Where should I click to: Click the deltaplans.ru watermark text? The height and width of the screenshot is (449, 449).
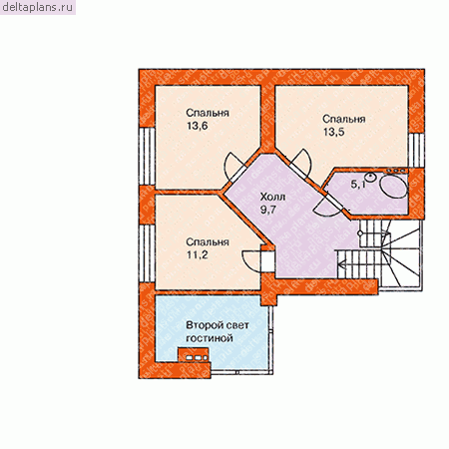tap(37, 7)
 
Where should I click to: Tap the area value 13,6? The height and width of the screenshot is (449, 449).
tap(198, 126)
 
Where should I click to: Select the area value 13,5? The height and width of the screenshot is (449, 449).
tap(334, 132)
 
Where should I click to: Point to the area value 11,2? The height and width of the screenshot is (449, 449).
tap(198, 255)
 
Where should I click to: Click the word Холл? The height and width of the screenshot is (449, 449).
tap(272, 198)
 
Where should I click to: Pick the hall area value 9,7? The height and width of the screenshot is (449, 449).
tap(268, 211)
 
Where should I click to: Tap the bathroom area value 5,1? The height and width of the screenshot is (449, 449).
tap(358, 185)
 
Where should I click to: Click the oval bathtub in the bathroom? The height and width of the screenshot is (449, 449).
tap(394, 187)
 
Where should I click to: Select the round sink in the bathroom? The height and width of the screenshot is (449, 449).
tap(370, 177)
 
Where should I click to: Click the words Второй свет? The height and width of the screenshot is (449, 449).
tap(218, 325)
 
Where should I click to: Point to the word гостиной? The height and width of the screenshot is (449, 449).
tap(209, 338)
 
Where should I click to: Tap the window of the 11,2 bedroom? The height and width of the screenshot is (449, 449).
tap(147, 253)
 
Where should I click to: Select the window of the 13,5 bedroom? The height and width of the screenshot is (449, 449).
tap(416, 150)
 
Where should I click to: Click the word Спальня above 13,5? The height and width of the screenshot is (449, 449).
tap(344, 119)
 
